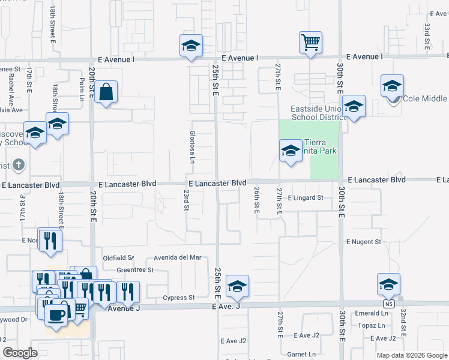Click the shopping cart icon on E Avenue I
[310, 43]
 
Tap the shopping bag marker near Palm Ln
[106, 92]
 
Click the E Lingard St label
[306, 197]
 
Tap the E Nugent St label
[363, 241]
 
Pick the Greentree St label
[135, 270]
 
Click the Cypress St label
[179, 298]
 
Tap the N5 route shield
[385, 312]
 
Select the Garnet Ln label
[301, 354]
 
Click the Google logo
[20, 353]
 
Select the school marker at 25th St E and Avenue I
[191, 46]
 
